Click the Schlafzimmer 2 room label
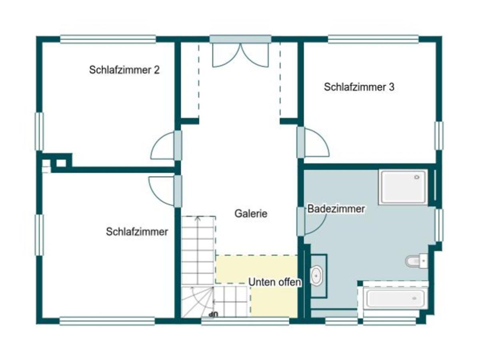(124, 70)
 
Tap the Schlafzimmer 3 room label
(359, 87)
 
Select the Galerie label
(251, 214)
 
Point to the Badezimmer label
(336, 209)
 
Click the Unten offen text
(274, 282)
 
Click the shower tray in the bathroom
(403, 186)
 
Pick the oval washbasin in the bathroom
(316, 276)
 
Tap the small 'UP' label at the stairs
(214, 314)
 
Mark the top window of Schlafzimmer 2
(108, 39)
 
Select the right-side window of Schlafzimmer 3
(439, 136)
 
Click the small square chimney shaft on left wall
(61, 163)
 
